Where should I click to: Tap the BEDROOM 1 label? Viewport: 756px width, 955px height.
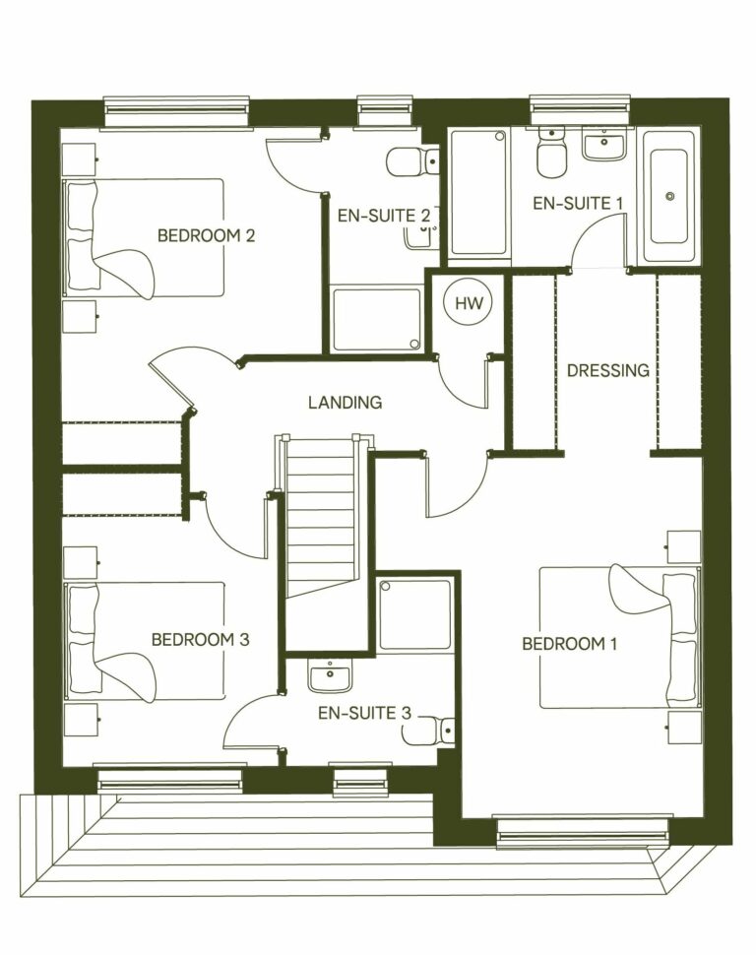[569, 644]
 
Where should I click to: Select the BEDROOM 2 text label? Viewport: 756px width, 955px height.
[207, 235]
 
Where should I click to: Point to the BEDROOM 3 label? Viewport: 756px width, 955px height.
[200, 639]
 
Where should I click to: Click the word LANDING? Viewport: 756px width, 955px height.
[345, 402]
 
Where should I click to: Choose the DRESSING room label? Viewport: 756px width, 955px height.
[608, 370]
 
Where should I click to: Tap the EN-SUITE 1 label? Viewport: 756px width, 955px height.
[578, 203]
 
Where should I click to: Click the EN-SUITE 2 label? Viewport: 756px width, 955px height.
[383, 216]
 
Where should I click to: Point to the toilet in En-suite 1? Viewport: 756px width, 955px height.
[550, 153]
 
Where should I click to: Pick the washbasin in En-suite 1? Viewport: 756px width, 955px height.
[602, 147]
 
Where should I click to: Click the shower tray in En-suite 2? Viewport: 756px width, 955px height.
[376, 319]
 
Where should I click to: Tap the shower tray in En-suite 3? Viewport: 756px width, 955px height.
[415, 614]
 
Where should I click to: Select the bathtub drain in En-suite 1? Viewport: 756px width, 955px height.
[669, 197]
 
